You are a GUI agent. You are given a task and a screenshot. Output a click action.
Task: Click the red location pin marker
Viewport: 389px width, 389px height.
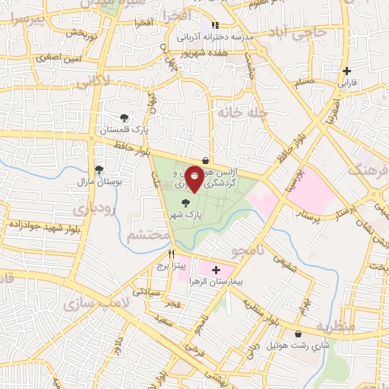(x=194, y=178)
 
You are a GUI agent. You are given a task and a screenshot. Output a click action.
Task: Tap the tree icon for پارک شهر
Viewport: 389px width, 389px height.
(x=187, y=203)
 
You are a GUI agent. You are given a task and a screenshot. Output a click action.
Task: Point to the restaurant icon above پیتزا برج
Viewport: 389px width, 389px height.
(x=171, y=255)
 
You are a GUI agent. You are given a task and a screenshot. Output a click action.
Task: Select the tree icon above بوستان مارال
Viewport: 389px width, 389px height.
(x=98, y=170)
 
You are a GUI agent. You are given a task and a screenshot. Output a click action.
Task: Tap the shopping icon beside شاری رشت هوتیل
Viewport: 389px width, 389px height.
(x=297, y=334)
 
